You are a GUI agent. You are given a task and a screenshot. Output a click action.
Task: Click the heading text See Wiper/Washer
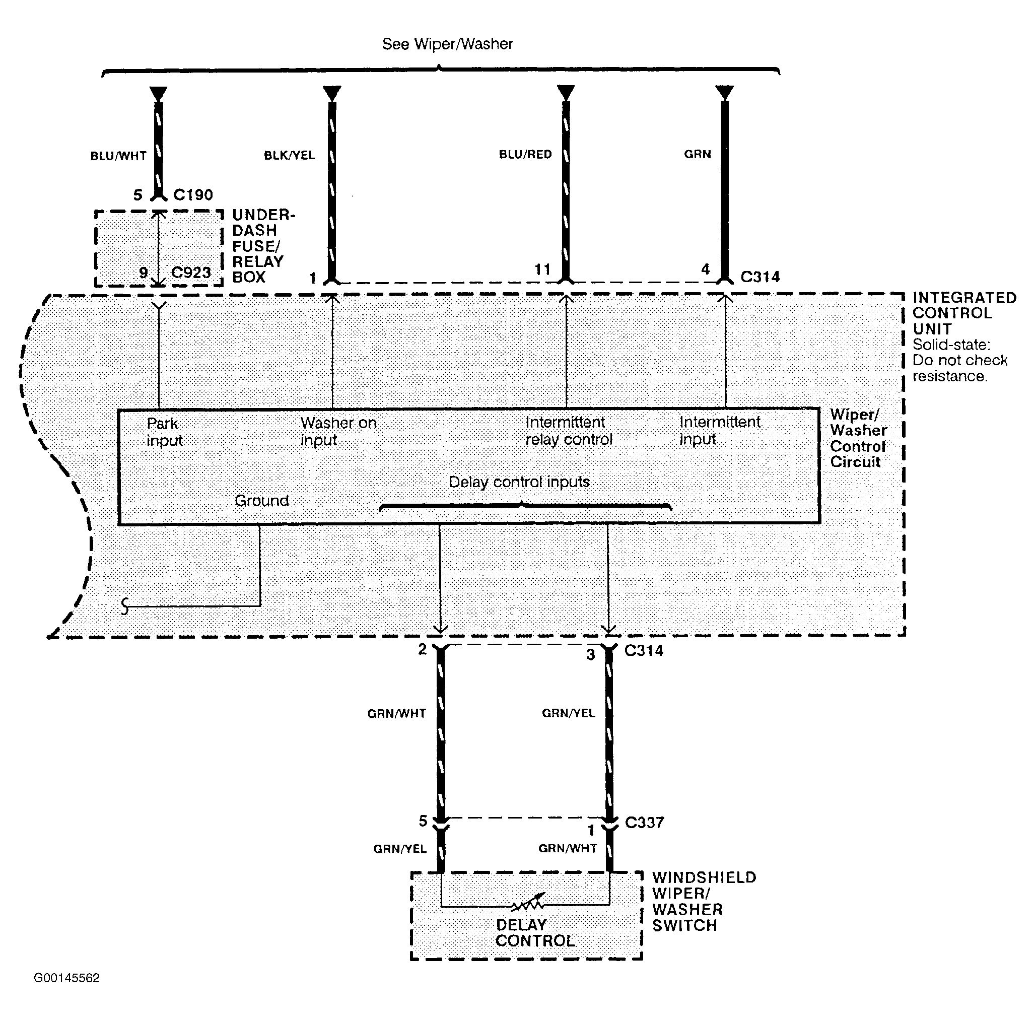click(x=447, y=44)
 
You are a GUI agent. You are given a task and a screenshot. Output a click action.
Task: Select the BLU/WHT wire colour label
click(x=118, y=156)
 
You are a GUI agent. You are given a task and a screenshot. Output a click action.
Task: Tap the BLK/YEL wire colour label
click(x=289, y=155)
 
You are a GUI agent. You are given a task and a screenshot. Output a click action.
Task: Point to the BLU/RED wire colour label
click(x=525, y=154)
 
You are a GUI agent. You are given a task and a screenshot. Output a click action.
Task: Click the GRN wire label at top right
click(x=698, y=154)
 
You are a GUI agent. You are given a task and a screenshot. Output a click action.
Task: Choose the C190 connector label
click(x=193, y=194)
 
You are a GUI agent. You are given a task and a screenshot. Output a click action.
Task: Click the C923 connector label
click(x=191, y=273)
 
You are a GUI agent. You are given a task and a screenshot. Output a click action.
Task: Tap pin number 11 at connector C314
click(x=542, y=269)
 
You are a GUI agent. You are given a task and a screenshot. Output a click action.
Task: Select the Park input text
click(x=165, y=432)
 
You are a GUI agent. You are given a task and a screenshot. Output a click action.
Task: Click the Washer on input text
click(x=338, y=431)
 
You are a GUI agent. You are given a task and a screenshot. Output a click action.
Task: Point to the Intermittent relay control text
click(x=569, y=431)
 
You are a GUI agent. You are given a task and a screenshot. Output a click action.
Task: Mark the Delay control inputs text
click(x=519, y=482)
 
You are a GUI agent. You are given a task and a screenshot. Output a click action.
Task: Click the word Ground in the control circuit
click(x=261, y=500)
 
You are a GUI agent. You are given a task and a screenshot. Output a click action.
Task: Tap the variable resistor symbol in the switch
click(x=528, y=902)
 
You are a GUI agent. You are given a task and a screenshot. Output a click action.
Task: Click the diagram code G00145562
click(x=66, y=978)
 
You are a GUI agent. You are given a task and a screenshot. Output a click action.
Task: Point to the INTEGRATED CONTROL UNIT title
click(x=964, y=313)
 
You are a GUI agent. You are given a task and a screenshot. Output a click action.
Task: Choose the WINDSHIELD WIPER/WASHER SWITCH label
click(x=704, y=901)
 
